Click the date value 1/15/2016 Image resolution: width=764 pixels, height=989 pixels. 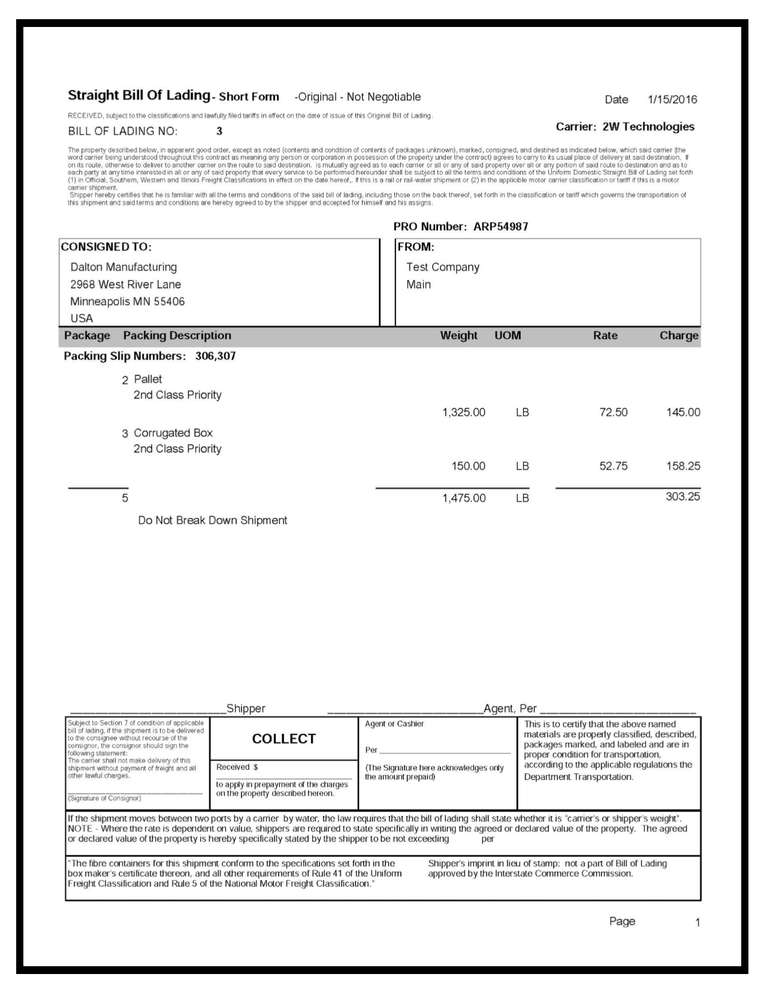click(x=672, y=99)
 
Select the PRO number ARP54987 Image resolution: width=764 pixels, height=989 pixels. click(x=500, y=227)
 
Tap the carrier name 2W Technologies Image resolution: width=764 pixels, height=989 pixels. click(x=648, y=126)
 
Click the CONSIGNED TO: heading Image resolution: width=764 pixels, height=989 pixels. click(x=106, y=246)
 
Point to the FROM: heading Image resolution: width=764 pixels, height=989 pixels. click(x=416, y=246)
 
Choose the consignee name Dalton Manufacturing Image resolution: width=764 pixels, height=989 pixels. click(x=123, y=267)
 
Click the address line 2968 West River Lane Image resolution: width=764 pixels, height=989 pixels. click(x=125, y=284)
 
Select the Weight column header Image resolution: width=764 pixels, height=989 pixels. click(x=458, y=336)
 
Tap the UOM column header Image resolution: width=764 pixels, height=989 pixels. click(x=508, y=336)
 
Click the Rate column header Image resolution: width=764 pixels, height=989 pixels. click(x=605, y=336)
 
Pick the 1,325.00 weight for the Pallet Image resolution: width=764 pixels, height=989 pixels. click(x=464, y=412)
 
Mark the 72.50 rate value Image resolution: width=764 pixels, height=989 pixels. click(x=614, y=412)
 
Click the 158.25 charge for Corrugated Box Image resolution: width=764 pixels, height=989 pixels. click(x=683, y=466)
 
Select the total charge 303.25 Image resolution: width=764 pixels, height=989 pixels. click(x=683, y=496)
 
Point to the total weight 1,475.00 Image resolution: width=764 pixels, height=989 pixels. click(x=464, y=498)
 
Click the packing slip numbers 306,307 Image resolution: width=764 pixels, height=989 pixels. click(x=215, y=356)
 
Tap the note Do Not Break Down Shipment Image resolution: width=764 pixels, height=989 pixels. click(x=213, y=520)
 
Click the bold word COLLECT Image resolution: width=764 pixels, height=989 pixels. click(x=283, y=739)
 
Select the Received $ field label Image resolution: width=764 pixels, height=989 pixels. click(x=237, y=767)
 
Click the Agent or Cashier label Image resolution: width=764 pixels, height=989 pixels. click(x=394, y=724)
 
